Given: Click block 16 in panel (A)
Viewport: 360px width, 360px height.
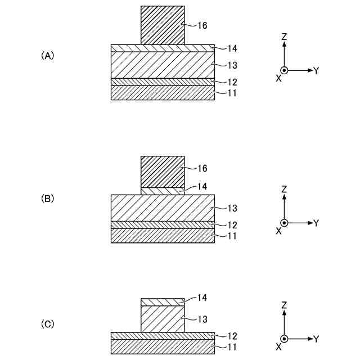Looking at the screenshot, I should coord(163,25).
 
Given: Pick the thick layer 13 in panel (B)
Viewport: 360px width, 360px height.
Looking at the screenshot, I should coord(163,208).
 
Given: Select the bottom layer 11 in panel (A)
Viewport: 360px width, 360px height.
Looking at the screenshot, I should coord(163,93).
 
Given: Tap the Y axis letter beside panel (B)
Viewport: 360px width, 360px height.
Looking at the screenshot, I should coord(316,223).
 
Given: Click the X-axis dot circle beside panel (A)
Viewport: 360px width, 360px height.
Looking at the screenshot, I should coord(285,70).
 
